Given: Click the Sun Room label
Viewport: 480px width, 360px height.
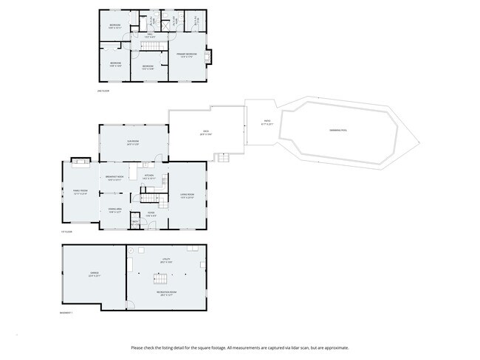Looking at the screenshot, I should [133, 142].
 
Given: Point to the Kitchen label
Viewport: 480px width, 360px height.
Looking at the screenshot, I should [148, 176].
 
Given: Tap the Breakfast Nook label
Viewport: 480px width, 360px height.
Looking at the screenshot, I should [114, 177].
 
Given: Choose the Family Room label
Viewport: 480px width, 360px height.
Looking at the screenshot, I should [79, 193].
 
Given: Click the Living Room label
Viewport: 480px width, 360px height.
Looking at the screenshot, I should [186, 195].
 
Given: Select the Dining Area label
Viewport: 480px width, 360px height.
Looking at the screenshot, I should [114, 210].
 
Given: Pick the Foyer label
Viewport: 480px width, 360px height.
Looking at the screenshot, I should [150, 214].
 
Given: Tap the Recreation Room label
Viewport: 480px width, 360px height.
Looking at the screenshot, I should [165, 294].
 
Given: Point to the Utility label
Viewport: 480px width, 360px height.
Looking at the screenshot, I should [166, 260].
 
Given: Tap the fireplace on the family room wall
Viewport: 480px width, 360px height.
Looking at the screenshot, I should [79, 160].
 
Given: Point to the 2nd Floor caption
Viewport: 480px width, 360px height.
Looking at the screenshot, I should [103, 91].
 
